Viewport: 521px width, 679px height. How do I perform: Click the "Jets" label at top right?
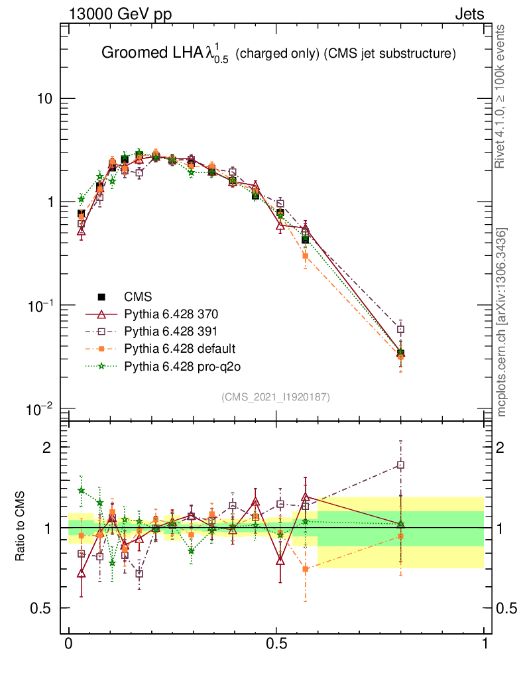[x=469, y=15]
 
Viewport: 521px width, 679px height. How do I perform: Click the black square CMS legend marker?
[x=102, y=296]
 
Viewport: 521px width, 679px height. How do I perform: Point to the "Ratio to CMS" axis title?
[x=21, y=527]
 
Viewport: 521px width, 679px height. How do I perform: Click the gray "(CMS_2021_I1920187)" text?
[x=276, y=397]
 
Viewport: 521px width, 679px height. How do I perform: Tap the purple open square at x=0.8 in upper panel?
[x=400, y=330]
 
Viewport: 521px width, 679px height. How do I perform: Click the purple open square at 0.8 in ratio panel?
[x=400, y=465]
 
